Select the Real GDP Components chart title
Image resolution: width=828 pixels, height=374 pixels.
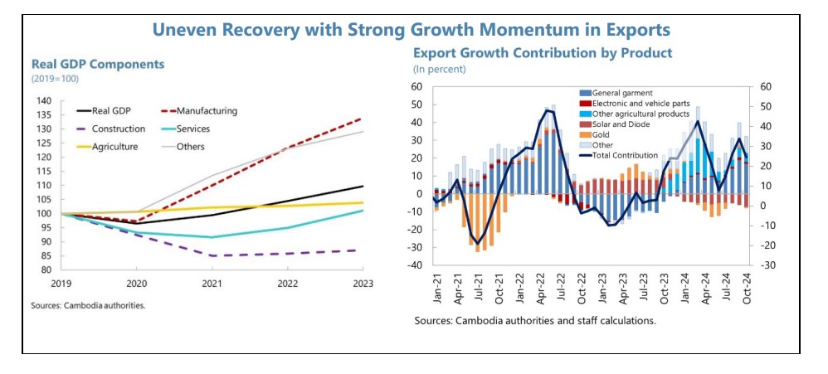(98, 64)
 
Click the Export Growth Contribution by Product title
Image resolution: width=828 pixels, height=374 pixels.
(543, 53)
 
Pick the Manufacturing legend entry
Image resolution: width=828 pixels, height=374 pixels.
(207, 110)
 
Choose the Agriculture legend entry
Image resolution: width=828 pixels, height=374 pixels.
(117, 147)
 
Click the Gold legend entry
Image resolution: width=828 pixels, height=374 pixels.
(603, 134)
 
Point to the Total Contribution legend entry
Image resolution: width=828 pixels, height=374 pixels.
(637, 155)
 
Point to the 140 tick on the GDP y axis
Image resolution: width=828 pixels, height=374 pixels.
(44, 101)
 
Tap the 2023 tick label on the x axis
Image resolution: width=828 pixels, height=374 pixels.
(362, 283)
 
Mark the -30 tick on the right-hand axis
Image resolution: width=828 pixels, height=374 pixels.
(767, 265)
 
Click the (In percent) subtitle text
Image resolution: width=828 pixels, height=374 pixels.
(440, 69)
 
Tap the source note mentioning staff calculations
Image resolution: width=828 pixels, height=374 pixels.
(534, 320)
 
